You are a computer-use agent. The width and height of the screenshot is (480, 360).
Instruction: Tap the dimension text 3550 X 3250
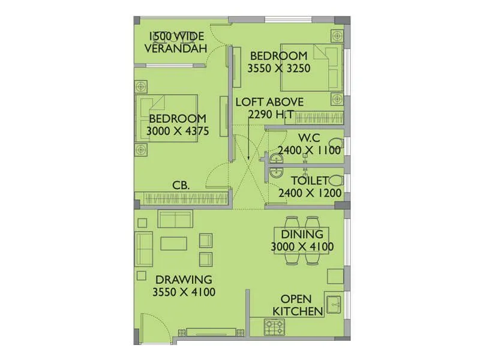pyautogui.click(x=279, y=68)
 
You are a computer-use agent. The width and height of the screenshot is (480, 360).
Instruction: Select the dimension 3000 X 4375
pyautogui.click(x=178, y=130)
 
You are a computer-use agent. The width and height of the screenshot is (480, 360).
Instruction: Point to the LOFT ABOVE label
pyautogui.click(x=269, y=101)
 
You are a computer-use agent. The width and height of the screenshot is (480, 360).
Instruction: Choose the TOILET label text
pyautogui.click(x=310, y=181)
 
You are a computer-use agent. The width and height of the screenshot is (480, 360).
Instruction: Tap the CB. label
pyautogui.click(x=181, y=185)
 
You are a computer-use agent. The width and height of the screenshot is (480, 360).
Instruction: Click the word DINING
pyautogui.click(x=302, y=234)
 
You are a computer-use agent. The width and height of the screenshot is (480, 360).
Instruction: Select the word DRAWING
pyautogui.click(x=184, y=279)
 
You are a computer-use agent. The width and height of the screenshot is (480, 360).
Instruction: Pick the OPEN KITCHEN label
pyautogui.click(x=299, y=305)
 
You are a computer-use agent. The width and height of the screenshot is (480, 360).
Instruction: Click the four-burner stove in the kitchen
pyautogui.click(x=275, y=326)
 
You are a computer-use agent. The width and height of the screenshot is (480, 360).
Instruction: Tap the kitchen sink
pyautogui.click(x=333, y=303)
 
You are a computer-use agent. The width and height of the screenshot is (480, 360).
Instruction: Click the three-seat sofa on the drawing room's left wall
pyautogui.click(x=143, y=248)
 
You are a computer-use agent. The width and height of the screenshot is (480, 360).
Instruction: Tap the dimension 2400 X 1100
pyautogui.click(x=309, y=151)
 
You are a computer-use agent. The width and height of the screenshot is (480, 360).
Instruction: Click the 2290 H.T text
pyautogui.click(x=269, y=114)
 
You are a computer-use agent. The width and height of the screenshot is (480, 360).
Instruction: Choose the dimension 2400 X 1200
pyautogui.click(x=310, y=193)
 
